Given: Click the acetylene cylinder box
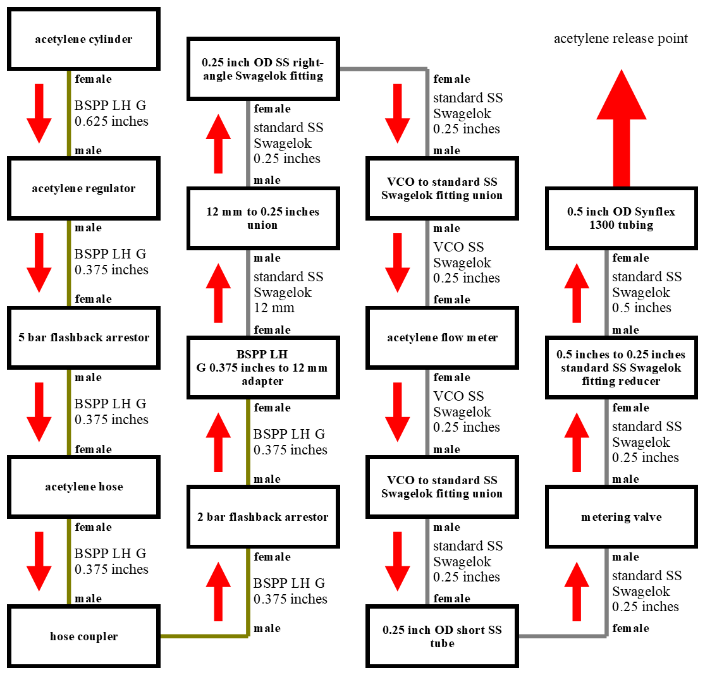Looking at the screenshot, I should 83,39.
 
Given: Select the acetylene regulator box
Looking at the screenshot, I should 83,188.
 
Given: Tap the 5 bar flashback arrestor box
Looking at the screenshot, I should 83,337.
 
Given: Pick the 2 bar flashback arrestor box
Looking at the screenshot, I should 262,517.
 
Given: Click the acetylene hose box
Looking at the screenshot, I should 83,487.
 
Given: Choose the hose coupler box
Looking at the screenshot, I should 83,636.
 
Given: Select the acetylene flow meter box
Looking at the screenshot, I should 442,337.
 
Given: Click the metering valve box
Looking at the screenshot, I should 622,517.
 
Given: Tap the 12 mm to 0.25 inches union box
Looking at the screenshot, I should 262,218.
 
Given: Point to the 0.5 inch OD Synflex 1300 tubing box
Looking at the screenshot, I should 622,218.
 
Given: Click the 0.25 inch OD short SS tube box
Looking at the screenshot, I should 442,636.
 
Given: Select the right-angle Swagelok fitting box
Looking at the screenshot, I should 262,69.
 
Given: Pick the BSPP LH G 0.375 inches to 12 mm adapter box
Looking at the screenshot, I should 262,367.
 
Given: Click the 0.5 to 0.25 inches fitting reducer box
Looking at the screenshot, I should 622,367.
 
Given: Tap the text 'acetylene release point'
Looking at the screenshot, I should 620,39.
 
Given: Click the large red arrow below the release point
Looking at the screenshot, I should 622,126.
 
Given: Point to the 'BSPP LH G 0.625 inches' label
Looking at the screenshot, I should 111,113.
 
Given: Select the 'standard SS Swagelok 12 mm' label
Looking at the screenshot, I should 288,292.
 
